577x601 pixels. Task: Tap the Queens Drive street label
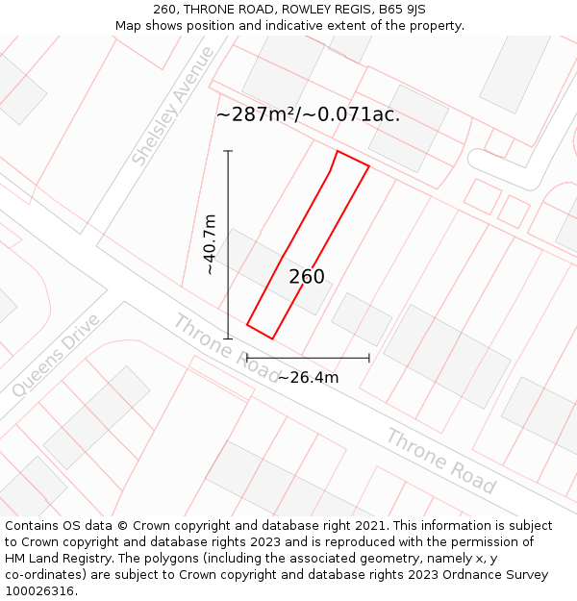tap(56, 355)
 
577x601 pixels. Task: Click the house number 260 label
tap(307, 277)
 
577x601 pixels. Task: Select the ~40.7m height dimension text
tap(210, 244)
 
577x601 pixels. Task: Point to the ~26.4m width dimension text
tap(308, 377)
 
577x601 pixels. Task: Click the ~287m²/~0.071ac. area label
tap(308, 114)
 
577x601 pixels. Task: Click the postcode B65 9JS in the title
tap(403, 10)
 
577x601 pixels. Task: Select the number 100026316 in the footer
tap(39, 591)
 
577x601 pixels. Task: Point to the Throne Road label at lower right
tap(440, 462)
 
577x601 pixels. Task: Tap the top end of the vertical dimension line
tap(228, 151)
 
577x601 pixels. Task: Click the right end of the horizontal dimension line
tap(369, 358)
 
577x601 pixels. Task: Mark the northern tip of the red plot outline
tap(338, 151)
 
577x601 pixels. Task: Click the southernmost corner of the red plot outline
tap(272, 338)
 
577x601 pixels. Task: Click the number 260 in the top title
tap(164, 10)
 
